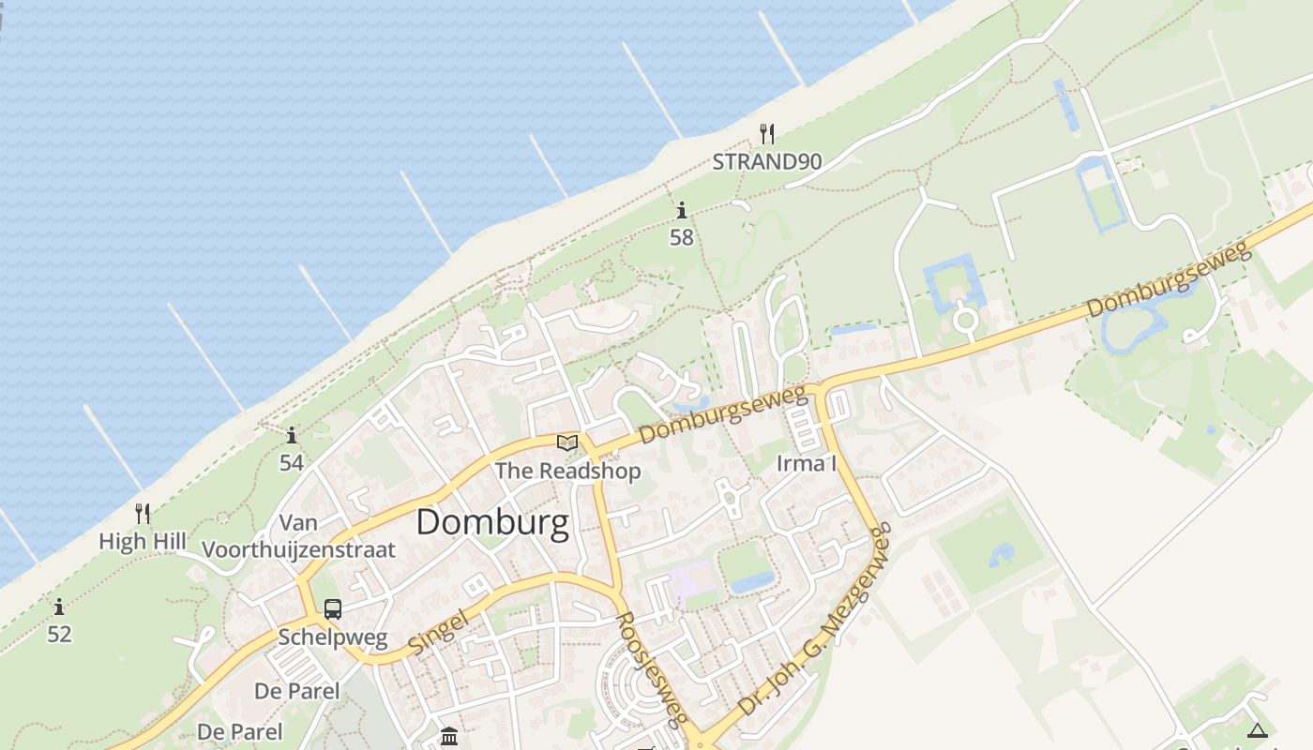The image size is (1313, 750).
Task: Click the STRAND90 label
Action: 766,161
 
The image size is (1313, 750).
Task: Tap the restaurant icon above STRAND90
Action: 767,133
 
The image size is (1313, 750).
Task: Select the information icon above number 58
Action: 682,210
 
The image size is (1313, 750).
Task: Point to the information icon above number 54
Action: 292,435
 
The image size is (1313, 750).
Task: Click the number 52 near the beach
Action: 59,634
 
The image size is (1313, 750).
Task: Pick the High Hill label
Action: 143,541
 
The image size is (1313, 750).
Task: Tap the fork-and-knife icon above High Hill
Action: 143,513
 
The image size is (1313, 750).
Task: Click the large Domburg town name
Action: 491,522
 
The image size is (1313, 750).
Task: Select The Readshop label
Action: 567,471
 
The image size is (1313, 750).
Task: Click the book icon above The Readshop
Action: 567,442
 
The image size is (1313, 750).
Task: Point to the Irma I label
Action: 806,463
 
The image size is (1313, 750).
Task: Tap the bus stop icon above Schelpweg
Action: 333,609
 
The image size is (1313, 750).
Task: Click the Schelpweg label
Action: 333,638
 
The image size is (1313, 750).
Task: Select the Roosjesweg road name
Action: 648,669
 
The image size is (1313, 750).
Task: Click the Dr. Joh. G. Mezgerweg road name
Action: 813,621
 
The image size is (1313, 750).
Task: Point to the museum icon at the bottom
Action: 449,736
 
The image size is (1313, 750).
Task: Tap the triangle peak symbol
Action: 1257,730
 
